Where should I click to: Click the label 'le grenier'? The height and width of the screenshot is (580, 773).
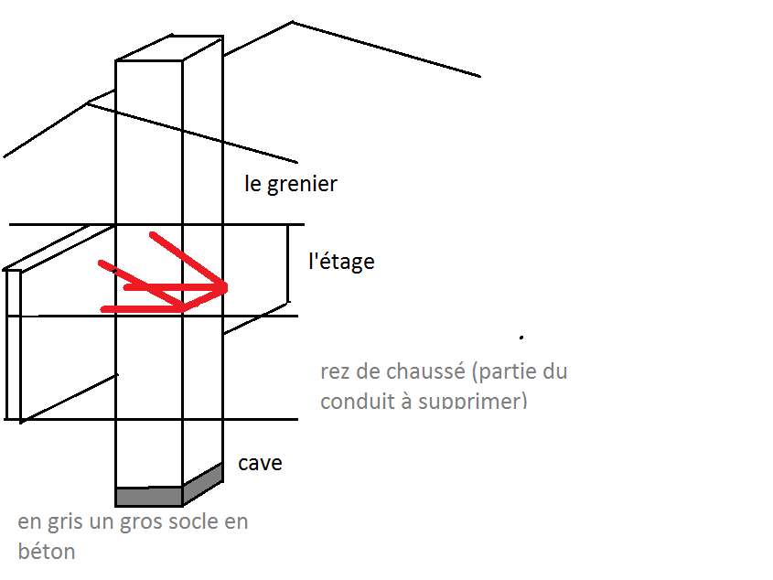291,184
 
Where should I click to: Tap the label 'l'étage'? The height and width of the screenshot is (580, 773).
341,262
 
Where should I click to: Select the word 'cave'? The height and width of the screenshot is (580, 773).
260,463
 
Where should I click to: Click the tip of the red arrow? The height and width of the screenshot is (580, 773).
224,289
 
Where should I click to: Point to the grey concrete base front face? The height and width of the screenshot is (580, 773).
148,496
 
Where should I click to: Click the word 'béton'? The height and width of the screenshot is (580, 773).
46,552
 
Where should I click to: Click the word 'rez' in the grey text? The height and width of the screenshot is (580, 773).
334,372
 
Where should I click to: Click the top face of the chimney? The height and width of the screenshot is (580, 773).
169,48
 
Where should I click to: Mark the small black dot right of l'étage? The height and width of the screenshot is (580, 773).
521,338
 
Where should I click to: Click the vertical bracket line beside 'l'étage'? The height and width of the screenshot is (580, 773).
288,263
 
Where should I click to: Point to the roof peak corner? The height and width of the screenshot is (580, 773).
293,23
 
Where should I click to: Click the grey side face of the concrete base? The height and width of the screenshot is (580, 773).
203,482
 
